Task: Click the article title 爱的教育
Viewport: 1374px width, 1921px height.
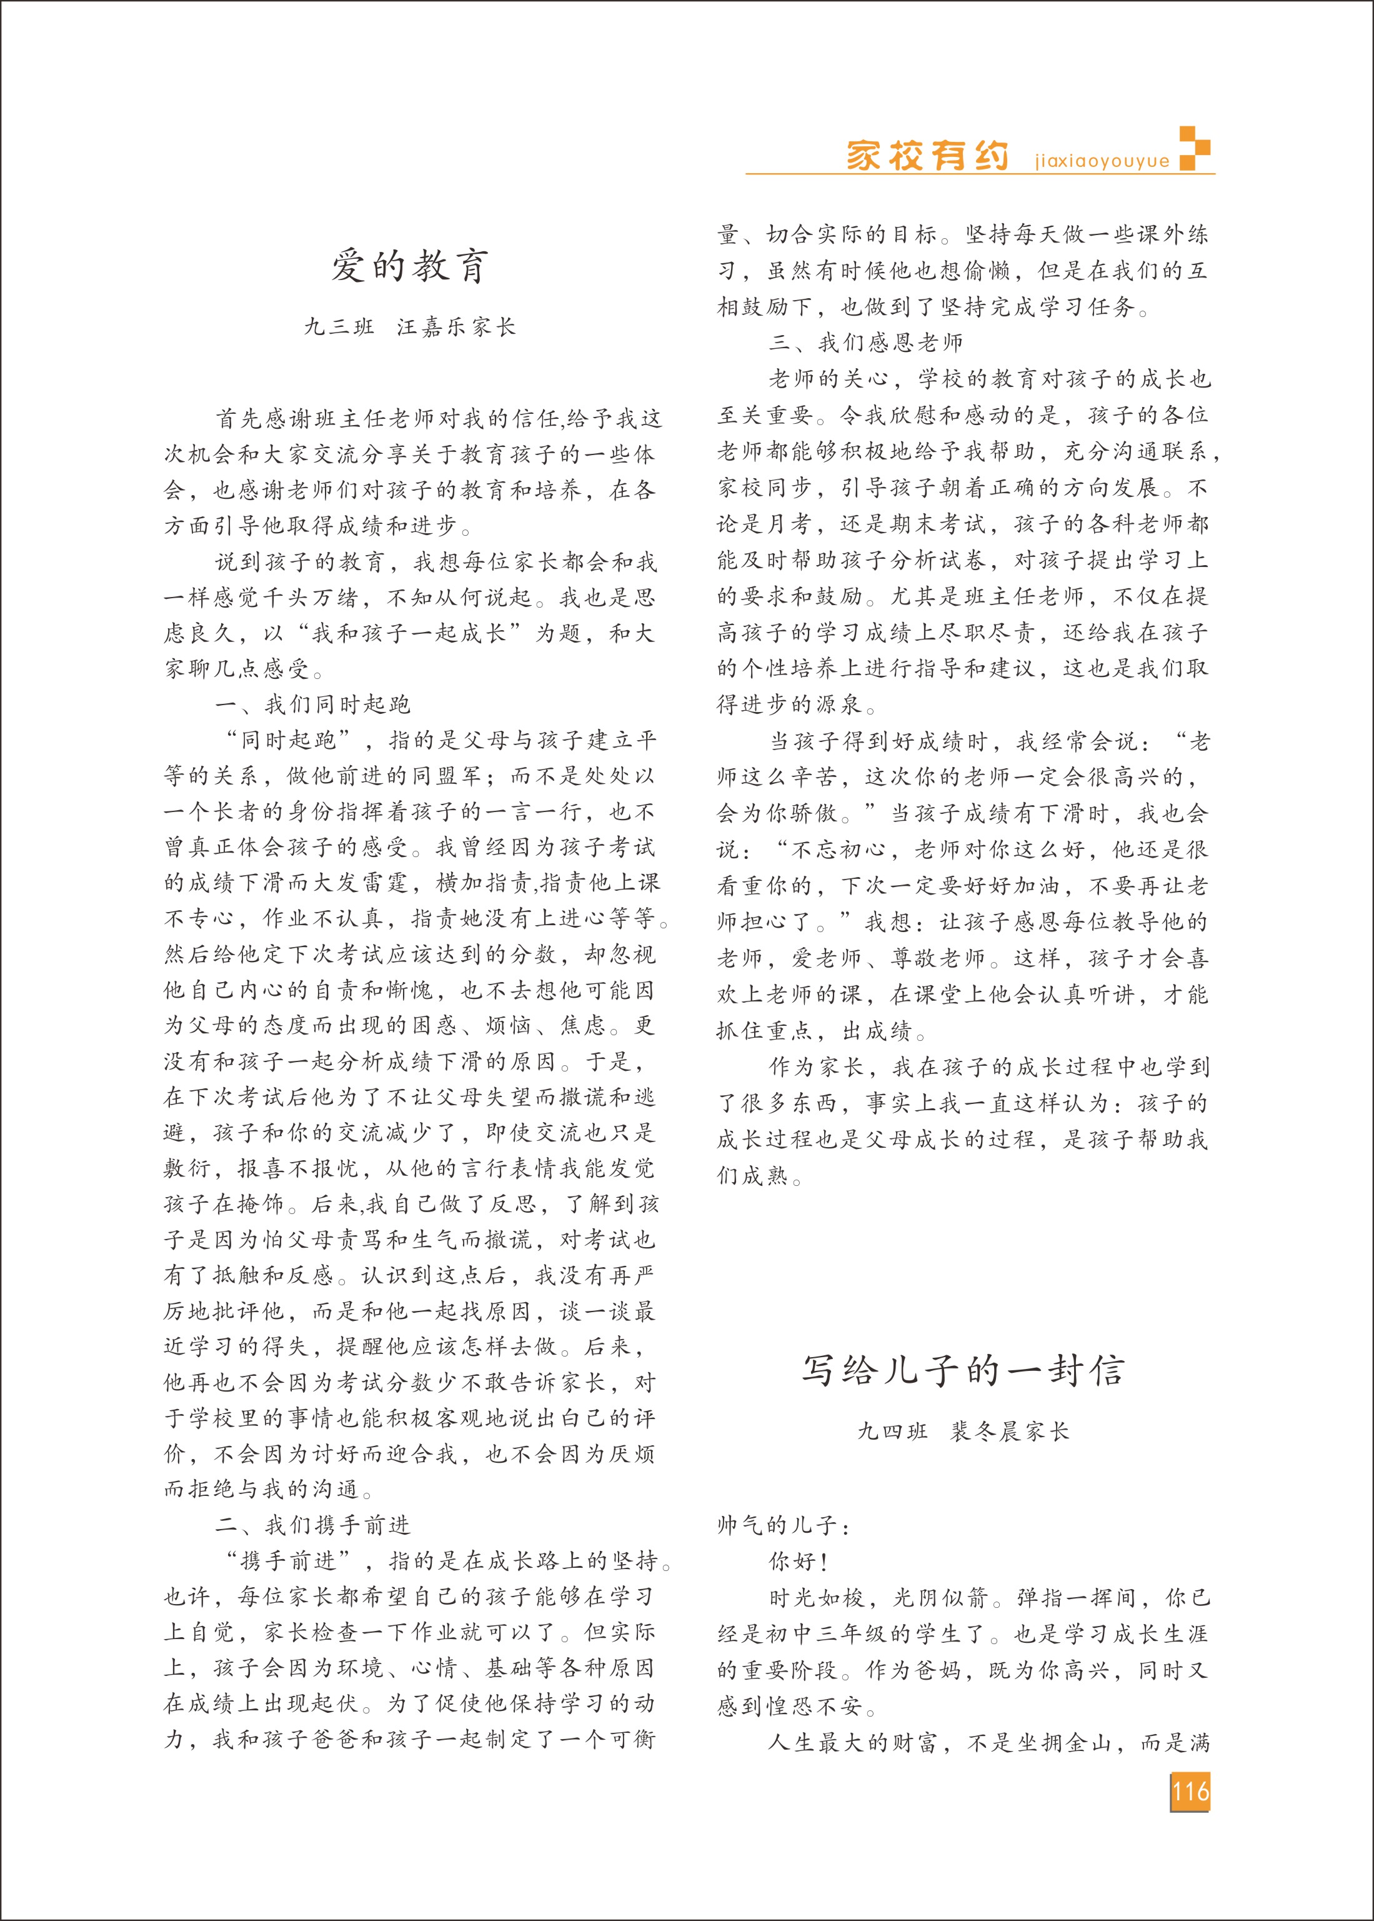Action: [409, 266]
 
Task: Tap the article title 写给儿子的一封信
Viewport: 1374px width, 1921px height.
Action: [963, 1370]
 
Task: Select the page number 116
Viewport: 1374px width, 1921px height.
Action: [1190, 1792]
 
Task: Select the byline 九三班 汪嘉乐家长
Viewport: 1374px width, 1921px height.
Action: [409, 328]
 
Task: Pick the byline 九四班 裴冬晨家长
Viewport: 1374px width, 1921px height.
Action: [963, 1431]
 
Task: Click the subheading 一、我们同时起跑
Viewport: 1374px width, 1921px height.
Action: [312, 704]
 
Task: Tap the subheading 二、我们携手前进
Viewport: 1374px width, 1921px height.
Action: [312, 1525]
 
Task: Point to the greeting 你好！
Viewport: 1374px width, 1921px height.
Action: [798, 1562]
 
